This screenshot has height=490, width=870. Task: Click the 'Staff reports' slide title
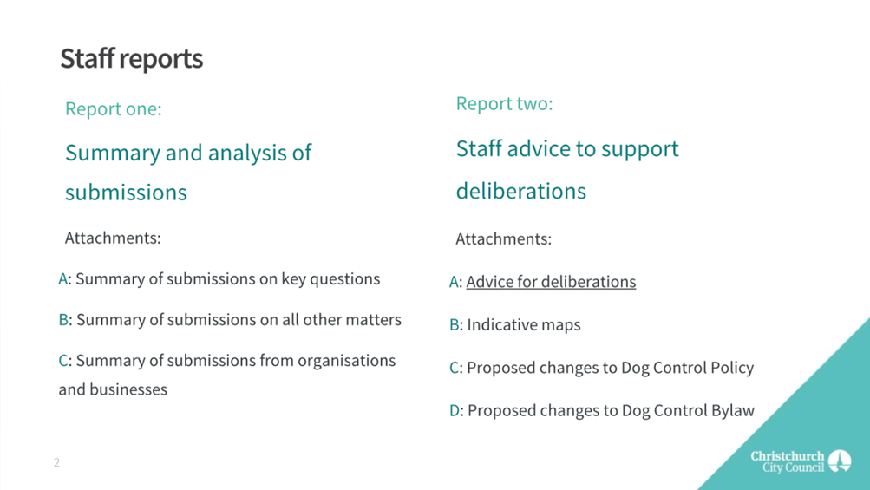pyautogui.click(x=132, y=59)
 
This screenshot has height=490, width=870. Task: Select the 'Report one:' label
pyautogui.click(x=113, y=108)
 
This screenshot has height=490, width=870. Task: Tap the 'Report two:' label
pyautogui.click(x=504, y=104)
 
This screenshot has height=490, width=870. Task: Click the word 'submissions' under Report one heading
pyautogui.click(x=126, y=193)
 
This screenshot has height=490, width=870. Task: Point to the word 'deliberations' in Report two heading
pyautogui.click(x=521, y=191)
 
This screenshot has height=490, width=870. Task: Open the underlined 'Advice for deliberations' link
pyautogui.click(x=551, y=282)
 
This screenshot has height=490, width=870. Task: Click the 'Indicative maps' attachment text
pyautogui.click(x=524, y=324)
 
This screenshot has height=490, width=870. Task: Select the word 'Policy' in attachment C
pyautogui.click(x=729, y=368)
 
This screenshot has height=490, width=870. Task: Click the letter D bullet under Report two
pyautogui.click(x=455, y=410)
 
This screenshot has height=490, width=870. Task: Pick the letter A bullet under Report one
pyautogui.click(x=63, y=278)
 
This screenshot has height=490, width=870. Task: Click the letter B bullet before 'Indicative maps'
pyautogui.click(x=455, y=324)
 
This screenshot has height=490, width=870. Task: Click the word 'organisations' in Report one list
pyautogui.click(x=347, y=361)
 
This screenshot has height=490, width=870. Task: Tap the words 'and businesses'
pyautogui.click(x=113, y=389)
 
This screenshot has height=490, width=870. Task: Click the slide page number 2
pyautogui.click(x=56, y=462)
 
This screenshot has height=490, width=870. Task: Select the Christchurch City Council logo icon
pyautogui.click(x=840, y=461)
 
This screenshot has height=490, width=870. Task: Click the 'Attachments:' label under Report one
pyautogui.click(x=113, y=238)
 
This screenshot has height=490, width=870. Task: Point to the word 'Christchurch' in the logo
pyautogui.click(x=788, y=456)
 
